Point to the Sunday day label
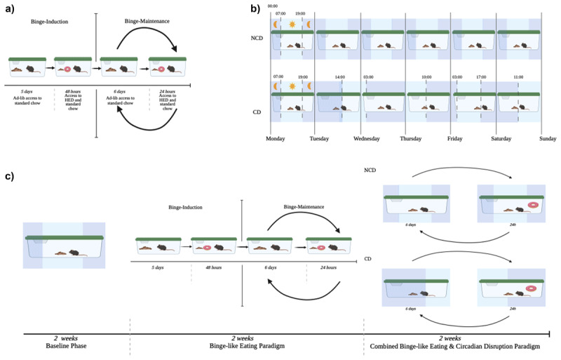tap(548, 139)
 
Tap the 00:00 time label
tap(272, 7)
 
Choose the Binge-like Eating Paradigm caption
tap(246, 345)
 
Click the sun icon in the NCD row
tap(292, 24)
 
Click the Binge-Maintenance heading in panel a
tap(144, 22)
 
